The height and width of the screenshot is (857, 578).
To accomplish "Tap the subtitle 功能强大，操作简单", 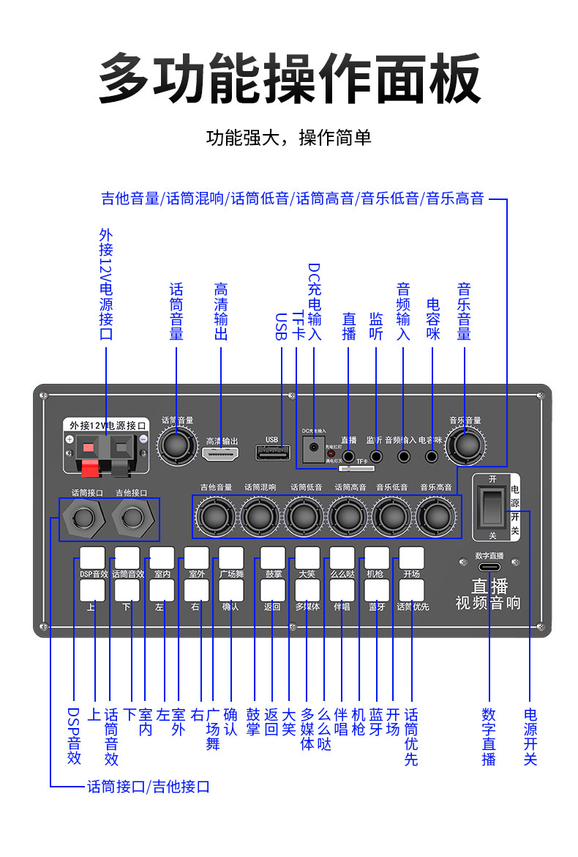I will [x=289, y=137].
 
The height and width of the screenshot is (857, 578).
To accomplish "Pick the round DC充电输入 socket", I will [x=314, y=446].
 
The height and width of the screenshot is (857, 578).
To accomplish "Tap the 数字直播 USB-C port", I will [x=489, y=568].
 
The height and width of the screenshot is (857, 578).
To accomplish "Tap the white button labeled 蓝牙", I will [x=377, y=590].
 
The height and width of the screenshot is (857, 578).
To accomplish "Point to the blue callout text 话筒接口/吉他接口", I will [x=149, y=787].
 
